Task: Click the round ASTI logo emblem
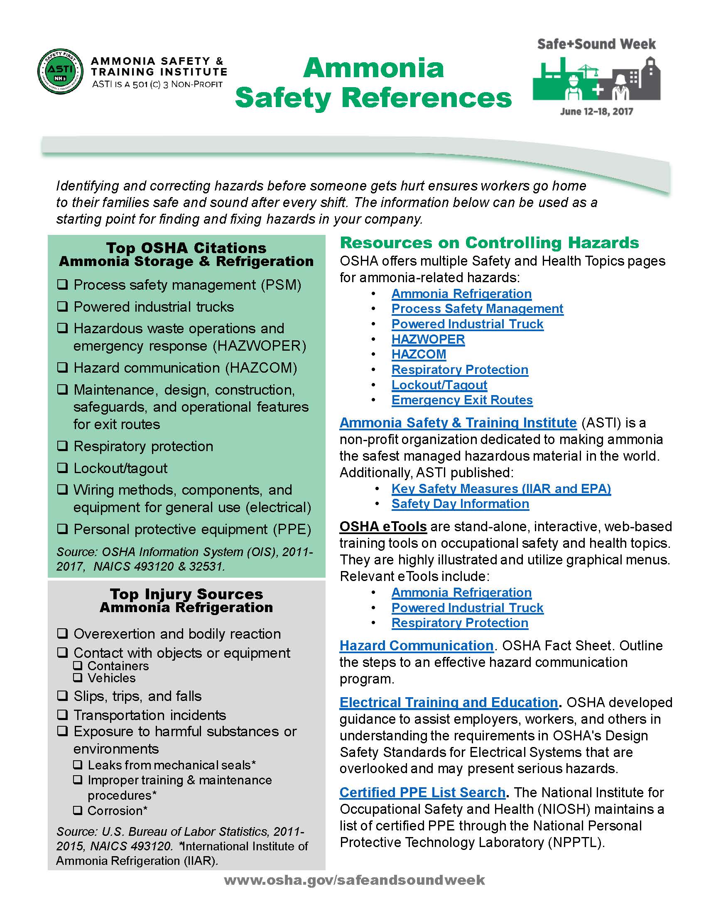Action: [60, 71]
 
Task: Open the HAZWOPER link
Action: [428, 339]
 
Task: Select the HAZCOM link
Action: [419, 354]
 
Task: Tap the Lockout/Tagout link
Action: [439, 385]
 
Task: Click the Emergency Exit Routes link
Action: [462, 400]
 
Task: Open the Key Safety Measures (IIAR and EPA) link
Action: [501, 488]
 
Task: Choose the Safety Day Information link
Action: [460, 504]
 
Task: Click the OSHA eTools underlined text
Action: [383, 526]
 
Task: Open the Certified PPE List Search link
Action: [422, 792]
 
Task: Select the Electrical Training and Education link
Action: [449, 702]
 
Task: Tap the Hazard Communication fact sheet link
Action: [416, 645]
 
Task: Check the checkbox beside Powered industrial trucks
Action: [62, 306]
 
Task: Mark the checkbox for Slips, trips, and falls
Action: [62, 696]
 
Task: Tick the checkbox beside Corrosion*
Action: [77, 810]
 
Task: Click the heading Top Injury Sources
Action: [186, 593]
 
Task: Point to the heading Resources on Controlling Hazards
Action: [489, 243]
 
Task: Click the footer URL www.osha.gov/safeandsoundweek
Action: [354, 880]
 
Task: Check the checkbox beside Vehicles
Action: [77, 678]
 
